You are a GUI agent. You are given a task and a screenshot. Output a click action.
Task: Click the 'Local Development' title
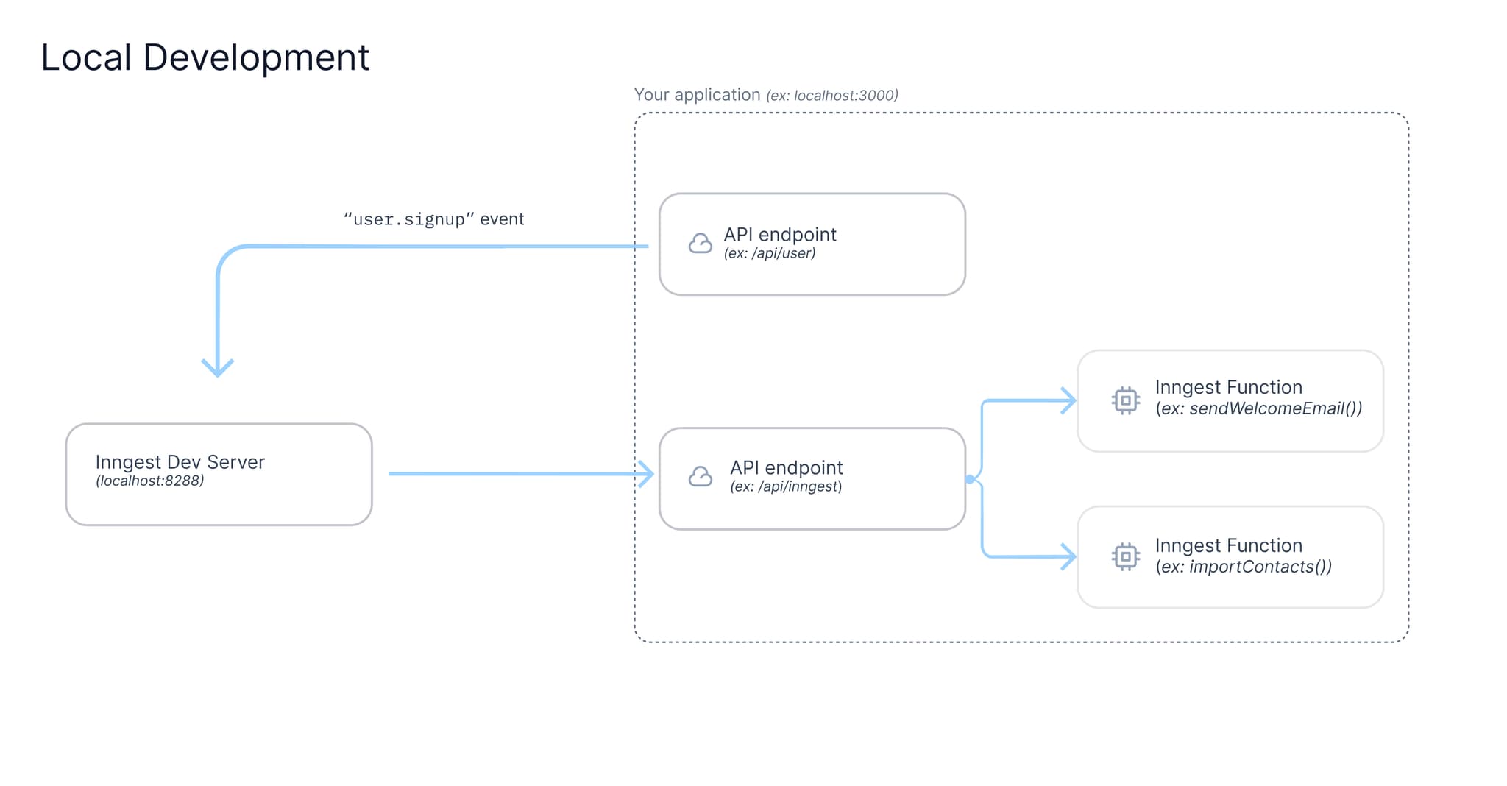(x=205, y=57)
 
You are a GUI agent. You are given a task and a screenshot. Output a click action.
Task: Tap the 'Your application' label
(x=696, y=95)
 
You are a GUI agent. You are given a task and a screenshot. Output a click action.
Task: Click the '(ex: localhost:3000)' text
(x=831, y=96)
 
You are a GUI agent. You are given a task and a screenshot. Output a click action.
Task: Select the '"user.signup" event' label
(x=433, y=219)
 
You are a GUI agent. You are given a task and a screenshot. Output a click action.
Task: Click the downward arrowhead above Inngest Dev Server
(x=218, y=367)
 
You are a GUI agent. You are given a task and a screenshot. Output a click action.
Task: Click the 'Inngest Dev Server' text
(x=180, y=462)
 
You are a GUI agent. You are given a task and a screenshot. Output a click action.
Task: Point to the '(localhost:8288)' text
(x=149, y=481)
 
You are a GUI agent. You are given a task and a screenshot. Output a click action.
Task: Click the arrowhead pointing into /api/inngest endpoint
(x=647, y=474)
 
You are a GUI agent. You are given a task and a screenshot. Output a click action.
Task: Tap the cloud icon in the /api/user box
(x=700, y=244)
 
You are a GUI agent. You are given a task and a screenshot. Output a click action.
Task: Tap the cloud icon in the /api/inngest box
(x=700, y=477)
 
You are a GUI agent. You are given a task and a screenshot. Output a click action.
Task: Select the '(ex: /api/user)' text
(x=769, y=254)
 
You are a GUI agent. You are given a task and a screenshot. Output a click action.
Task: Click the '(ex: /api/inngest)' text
(x=785, y=486)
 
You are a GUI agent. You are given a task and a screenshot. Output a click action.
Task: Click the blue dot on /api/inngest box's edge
(x=970, y=479)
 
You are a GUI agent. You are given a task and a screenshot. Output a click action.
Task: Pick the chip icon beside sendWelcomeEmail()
(x=1125, y=400)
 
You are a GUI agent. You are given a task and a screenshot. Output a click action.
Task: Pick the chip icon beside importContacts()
(x=1125, y=556)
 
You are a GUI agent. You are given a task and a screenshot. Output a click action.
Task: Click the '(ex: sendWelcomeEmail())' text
(x=1258, y=408)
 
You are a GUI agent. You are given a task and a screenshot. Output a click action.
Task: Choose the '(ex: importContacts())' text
(x=1243, y=567)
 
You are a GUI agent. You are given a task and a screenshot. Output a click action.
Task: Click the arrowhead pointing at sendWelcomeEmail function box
(x=1069, y=400)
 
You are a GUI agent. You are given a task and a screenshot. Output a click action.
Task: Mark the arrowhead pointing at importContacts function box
(x=1069, y=556)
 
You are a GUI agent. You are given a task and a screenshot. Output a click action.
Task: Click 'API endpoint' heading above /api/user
(x=779, y=235)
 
